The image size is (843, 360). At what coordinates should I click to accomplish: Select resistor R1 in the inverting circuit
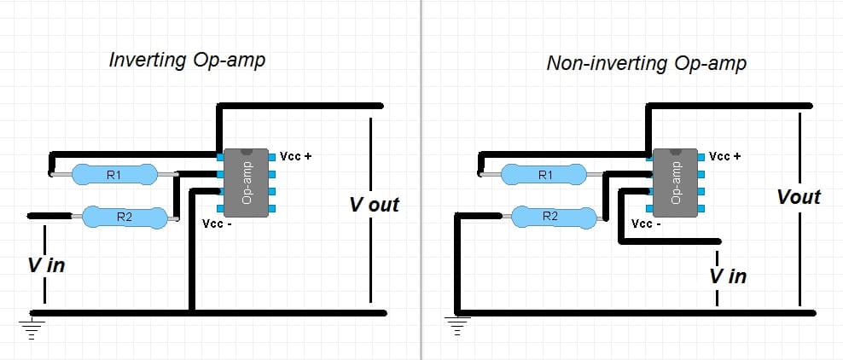click(114, 175)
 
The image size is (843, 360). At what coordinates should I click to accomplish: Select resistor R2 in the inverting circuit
click(125, 218)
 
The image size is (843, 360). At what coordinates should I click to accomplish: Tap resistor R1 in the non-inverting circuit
click(544, 175)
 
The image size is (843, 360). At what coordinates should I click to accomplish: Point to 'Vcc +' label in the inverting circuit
click(296, 157)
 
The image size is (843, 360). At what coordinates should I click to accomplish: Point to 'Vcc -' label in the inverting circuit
click(217, 224)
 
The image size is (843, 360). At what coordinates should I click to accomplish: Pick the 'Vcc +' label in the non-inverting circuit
click(725, 157)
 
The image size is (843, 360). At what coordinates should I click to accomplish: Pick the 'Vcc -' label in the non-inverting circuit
click(646, 224)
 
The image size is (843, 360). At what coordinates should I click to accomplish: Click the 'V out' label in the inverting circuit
click(374, 206)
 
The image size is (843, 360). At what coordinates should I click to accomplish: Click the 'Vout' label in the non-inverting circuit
click(799, 197)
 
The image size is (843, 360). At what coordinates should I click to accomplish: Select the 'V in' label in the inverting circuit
click(46, 265)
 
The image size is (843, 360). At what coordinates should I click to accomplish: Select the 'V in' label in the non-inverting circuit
click(728, 276)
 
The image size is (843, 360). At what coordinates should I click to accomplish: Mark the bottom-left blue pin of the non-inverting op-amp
click(651, 208)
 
